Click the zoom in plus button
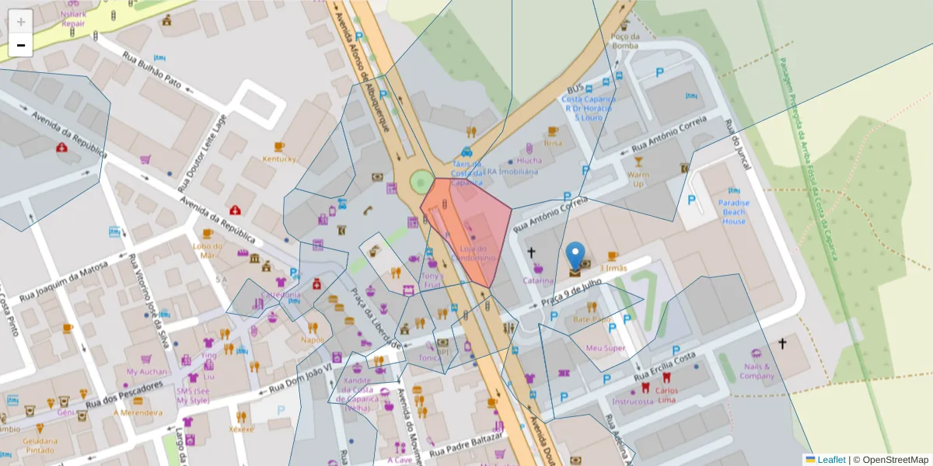click(x=21, y=22)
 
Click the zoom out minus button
click(x=21, y=45)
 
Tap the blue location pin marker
click(x=575, y=256)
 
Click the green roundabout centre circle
click(x=421, y=183)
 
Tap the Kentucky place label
click(x=279, y=159)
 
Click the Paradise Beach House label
click(x=734, y=212)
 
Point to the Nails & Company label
click(x=757, y=371)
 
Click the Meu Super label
click(x=605, y=348)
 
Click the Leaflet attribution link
click(x=831, y=460)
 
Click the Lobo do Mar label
click(x=206, y=250)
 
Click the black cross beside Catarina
click(x=532, y=252)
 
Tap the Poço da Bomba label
click(x=625, y=40)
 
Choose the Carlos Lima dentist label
click(x=666, y=395)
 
